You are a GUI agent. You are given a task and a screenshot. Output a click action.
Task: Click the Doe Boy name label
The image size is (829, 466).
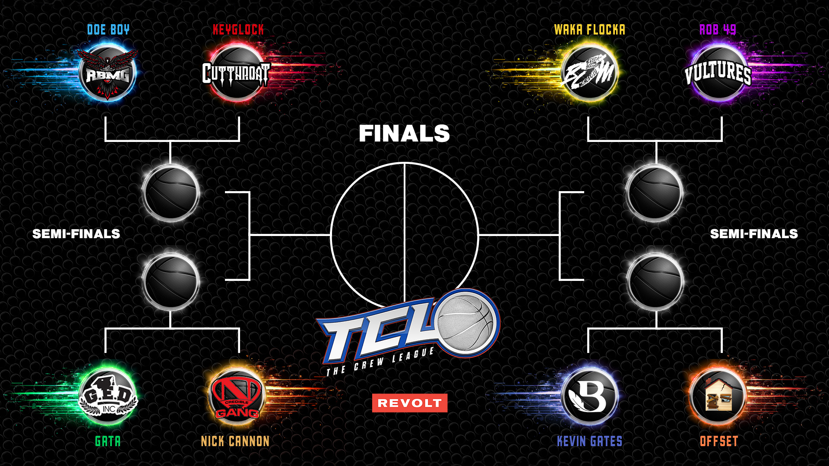(108, 29)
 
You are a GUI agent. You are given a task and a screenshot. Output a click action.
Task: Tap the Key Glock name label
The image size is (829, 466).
(238, 29)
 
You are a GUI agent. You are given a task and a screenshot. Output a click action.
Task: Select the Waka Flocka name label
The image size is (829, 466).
(589, 29)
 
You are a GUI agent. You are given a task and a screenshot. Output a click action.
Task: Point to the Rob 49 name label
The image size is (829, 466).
(718, 29)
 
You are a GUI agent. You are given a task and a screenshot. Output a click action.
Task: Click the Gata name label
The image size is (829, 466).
(108, 441)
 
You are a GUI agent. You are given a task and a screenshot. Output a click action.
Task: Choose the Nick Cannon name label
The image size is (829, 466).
(235, 441)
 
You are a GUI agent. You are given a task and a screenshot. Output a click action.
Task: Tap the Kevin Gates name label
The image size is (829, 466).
(589, 441)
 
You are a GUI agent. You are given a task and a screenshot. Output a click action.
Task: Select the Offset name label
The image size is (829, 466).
(719, 441)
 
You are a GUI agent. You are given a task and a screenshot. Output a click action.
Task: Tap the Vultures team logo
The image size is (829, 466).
(718, 72)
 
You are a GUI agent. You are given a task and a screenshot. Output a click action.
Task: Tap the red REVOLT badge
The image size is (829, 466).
(409, 403)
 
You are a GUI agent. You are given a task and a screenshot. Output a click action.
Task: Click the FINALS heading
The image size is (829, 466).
(404, 133)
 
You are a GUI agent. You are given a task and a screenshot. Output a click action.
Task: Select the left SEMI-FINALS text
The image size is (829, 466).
(76, 234)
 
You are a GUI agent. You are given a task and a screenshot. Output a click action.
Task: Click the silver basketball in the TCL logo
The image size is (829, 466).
(465, 323)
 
